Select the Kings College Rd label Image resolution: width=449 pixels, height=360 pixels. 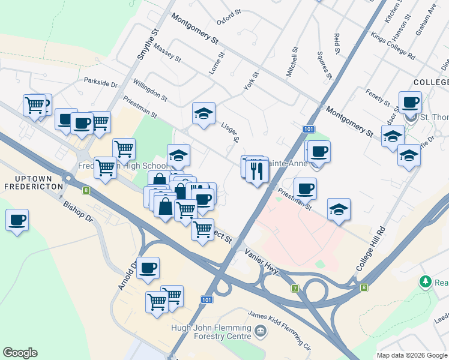tap(393, 46)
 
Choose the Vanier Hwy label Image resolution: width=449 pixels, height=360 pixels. tap(262, 263)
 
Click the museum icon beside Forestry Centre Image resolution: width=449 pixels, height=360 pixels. tap(260, 330)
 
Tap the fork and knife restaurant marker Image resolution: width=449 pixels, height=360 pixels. tap(258, 172)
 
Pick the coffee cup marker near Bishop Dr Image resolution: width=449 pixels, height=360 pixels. tap(17, 220)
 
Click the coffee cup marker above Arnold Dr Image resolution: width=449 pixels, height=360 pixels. tap(148, 268)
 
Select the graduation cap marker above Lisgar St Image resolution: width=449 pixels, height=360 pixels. tap(203, 113)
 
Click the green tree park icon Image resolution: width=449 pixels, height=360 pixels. tap(426, 281)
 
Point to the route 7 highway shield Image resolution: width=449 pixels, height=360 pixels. tap(295, 289)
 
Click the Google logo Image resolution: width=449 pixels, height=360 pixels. tap(20, 353)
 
